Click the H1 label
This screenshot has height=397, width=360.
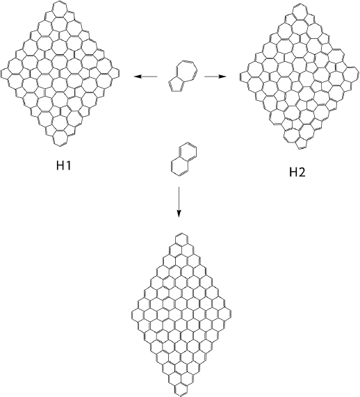click(x=63, y=165)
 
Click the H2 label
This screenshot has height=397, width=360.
click(x=297, y=172)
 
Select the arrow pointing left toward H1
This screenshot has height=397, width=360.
click(x=145, y=76)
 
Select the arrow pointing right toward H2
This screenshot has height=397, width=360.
click(x=215, y=76)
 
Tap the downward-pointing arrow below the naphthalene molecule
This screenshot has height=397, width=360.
click(x=179, y=202)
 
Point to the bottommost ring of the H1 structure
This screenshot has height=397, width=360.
click(x=54, y=138)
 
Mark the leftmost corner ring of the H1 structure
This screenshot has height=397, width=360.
click(x=1, y=74)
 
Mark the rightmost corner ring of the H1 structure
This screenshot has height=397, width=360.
click(x=118, y=74)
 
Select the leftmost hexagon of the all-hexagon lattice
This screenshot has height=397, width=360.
click(x=132, y=315)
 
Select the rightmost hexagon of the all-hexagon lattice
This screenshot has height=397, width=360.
click(x=231, y=315)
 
